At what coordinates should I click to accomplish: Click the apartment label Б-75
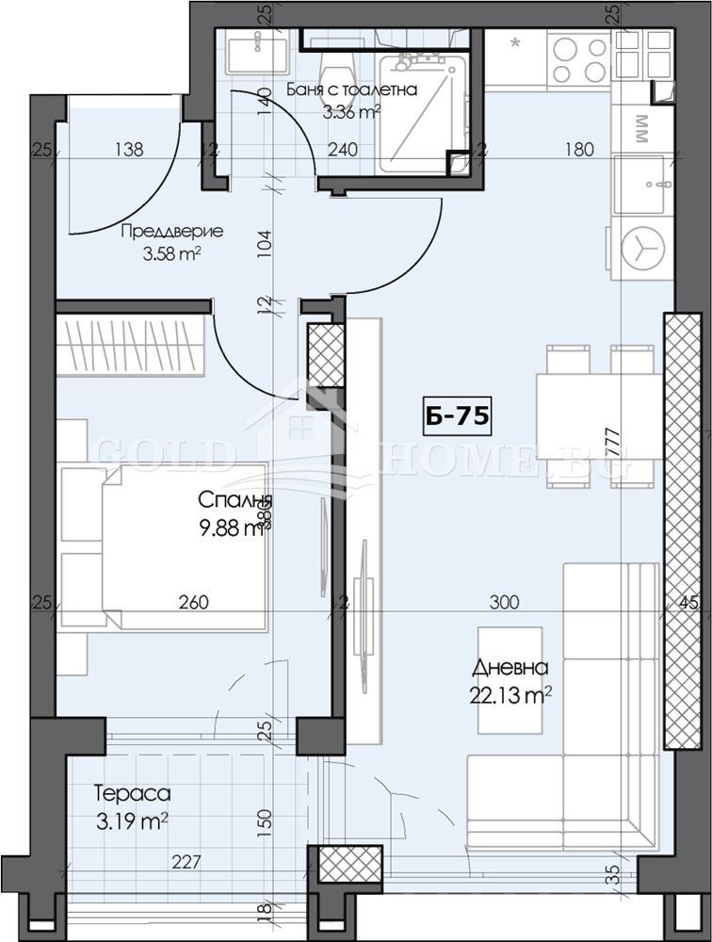(x=456, y=417)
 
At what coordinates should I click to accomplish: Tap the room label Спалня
(x=230, y=500)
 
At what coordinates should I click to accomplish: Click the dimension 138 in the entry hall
(x=129, y=148)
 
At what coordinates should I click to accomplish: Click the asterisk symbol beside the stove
(x=515, y=42)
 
